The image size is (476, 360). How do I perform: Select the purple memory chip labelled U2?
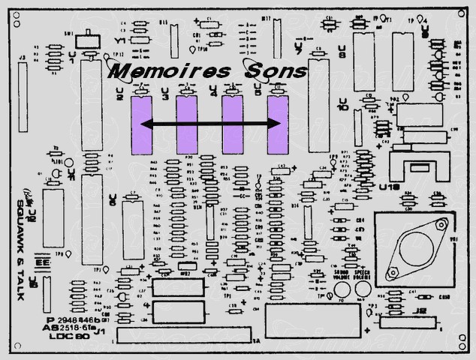[141, 125]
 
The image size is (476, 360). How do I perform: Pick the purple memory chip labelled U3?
[186, 125]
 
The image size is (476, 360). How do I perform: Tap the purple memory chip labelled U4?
[232, 125]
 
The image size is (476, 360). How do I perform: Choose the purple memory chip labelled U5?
[279, 125]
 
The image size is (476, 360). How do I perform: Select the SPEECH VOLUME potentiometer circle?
[363, 289]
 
